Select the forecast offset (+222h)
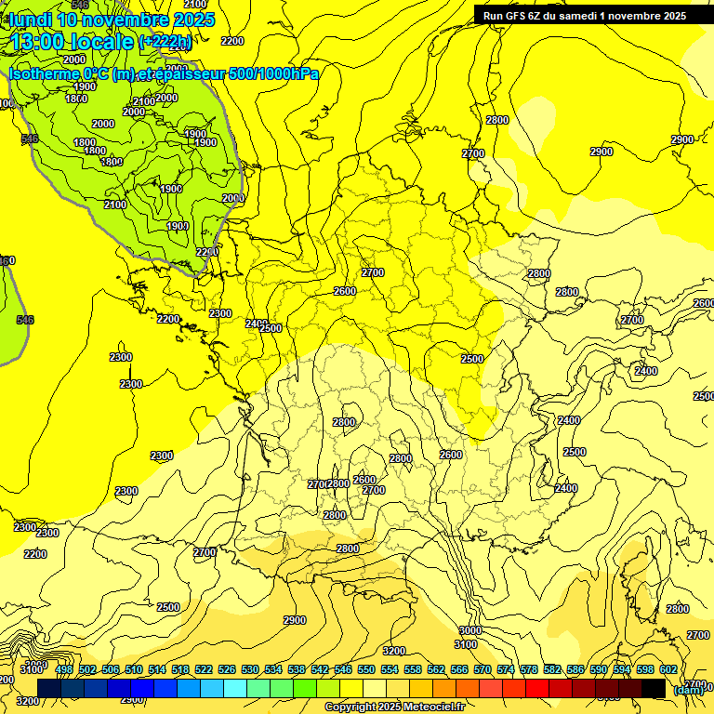pos(165,42)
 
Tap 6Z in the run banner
pos(544,16)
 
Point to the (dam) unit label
pos(688,689)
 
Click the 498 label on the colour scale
pos(64,669)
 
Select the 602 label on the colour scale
pos(668,669)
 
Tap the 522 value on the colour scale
pos(204,669)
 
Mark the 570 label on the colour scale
pos(483,669)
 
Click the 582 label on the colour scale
pos(552,669)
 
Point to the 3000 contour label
pos(470,630)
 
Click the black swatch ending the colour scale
pos(654,688)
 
